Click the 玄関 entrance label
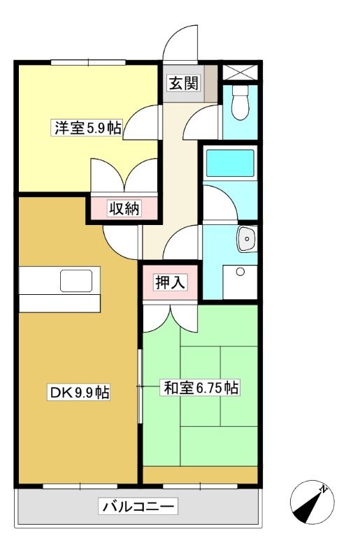click(183, 84)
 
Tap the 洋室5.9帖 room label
click(87, 128)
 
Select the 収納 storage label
click(124, 208)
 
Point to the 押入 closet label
click(170, 282)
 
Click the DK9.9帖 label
click(79, 393)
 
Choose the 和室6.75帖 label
click(201, 388)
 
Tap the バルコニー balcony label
click(138, 506)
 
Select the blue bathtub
click(230, 163)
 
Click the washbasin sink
click(247, 238)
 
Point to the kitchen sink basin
click(76, 281)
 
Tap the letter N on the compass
click(323, 489)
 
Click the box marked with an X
click(240, 72)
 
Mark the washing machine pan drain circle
click(240, 272)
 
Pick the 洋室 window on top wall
click(88, 62)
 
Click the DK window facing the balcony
click(80, 486)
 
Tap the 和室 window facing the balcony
click(200, 486)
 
